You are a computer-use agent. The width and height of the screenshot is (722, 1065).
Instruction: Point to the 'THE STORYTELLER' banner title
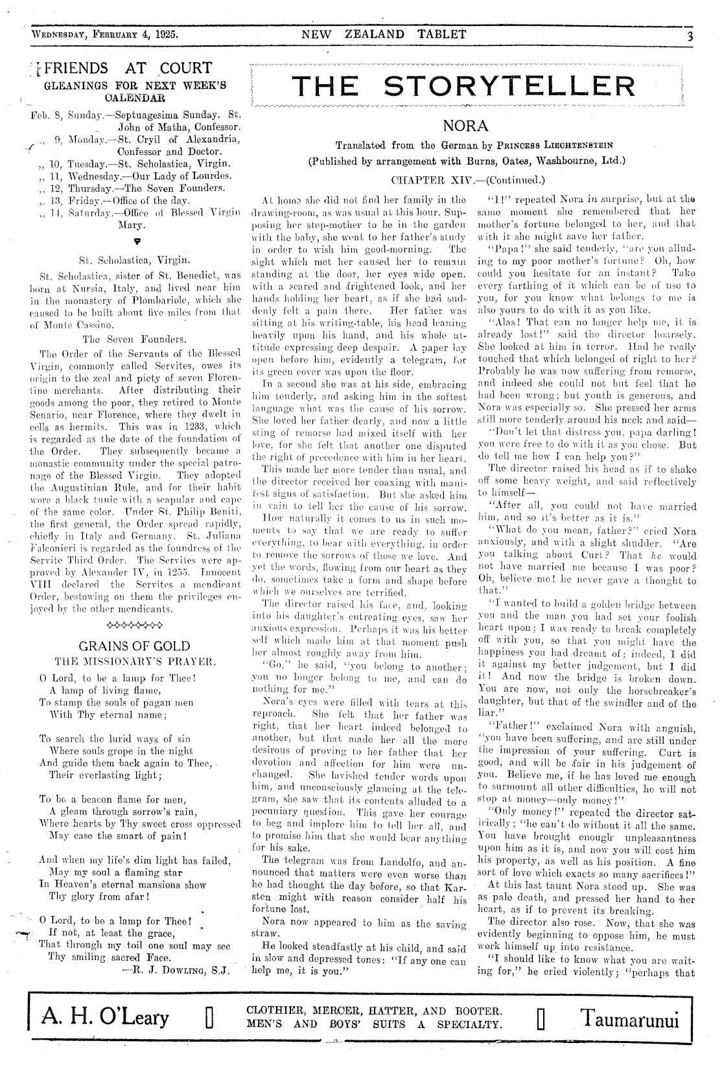463,86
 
